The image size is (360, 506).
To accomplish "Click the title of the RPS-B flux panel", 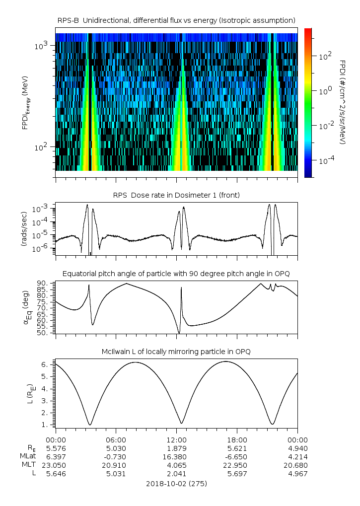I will click(176, 20).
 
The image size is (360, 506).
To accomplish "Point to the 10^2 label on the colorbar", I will click(325, 57).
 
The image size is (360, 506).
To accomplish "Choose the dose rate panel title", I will click(176, 195).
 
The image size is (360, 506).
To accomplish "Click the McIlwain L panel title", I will click(176, 352).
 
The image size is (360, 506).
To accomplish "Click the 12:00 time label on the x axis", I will click(176, 440).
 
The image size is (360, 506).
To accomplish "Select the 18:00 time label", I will click(237, 440).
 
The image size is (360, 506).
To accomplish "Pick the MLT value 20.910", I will click(116, 465).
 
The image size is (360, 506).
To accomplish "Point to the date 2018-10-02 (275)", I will click(176, 483).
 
